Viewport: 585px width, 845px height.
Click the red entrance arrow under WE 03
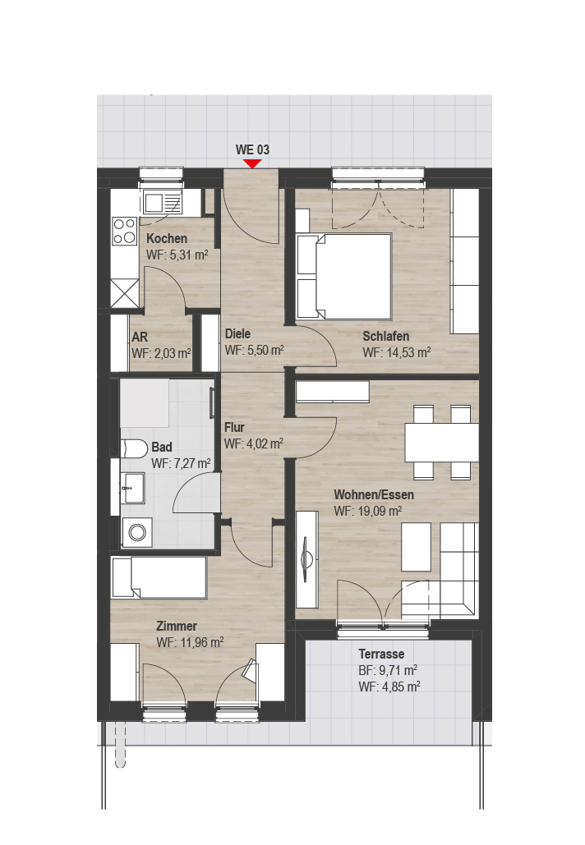click(x=252, y=163)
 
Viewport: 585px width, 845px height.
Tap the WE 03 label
click(x=252, y=149)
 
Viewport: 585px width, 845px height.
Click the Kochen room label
click(x=167, y=238)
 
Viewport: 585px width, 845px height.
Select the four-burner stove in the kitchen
click(x=125, y=231)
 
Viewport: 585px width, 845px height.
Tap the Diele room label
click(x=237, y=333)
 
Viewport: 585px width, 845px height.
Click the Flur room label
click(x=234, y=427)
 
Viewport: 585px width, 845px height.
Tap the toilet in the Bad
click(x=135, y=448)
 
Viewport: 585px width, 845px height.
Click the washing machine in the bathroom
click(x=137, y=532)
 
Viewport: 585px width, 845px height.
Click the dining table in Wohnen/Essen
click(x=442, y=442)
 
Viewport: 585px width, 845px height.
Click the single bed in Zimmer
click(x=159, y=578)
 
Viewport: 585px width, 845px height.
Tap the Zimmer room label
click(x=177, y=627)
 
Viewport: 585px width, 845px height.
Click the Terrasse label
click(x=382, y=654)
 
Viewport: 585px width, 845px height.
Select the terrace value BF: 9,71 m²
click(x=388, y=670)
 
